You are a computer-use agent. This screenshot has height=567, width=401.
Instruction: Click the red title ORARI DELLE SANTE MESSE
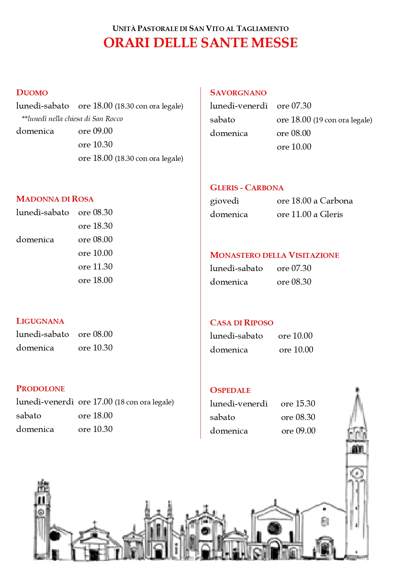200,43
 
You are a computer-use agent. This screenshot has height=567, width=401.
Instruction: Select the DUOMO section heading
32,93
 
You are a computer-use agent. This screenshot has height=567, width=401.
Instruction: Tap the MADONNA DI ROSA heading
55,199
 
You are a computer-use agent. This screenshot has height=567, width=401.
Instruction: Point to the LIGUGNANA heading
40,321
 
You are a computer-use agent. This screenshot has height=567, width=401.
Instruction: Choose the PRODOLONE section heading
40,389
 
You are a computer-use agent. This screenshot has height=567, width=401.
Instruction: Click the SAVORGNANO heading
238,93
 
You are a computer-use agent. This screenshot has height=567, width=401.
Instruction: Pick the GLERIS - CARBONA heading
247,188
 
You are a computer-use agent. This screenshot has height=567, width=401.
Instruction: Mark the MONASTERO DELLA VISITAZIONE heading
274,255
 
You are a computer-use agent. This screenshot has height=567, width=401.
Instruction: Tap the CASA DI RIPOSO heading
241,323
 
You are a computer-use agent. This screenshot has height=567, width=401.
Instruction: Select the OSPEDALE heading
230,390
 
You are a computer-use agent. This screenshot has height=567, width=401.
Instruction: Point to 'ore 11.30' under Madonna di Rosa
95,267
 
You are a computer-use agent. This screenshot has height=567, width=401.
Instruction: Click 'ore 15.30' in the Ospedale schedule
298,404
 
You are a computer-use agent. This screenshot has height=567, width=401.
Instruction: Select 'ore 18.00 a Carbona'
315,201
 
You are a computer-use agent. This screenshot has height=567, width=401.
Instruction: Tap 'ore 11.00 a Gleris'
310,215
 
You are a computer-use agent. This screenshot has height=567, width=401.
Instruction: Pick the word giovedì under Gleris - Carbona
224,201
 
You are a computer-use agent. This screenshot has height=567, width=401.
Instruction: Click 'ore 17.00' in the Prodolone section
95,402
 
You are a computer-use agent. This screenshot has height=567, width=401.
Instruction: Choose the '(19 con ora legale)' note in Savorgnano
343,120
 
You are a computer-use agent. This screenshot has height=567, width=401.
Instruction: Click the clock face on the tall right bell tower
357,474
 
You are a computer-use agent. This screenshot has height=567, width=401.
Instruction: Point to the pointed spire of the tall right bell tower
357,407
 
